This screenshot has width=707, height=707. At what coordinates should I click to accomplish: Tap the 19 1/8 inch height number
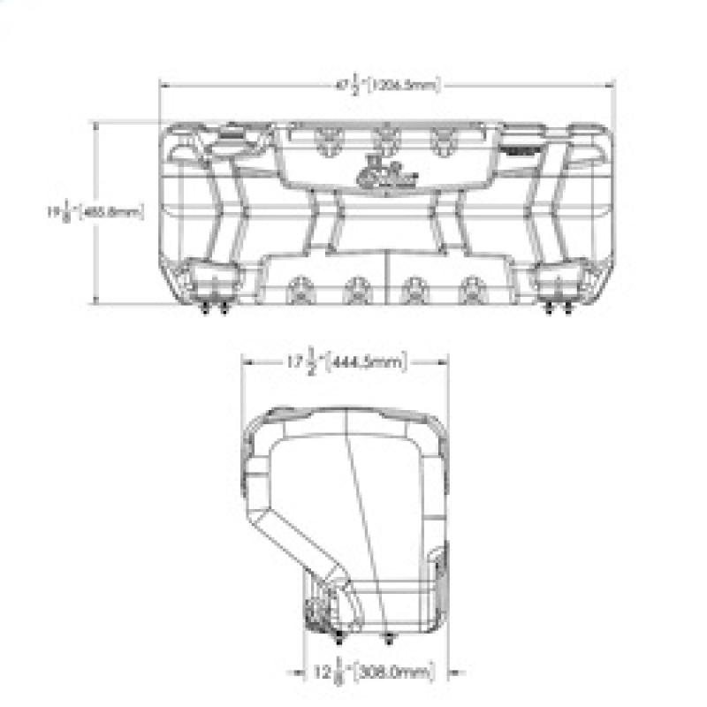pos(58,213)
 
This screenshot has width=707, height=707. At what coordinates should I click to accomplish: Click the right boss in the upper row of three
pos(439,139)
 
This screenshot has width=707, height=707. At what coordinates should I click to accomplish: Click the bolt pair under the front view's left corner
pos(212,308)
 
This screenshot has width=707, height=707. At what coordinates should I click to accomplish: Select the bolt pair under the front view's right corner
pos(556,308)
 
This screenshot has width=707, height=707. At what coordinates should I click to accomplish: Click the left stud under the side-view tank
pos(339,639)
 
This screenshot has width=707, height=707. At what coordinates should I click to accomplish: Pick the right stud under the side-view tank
pos(389,639)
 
